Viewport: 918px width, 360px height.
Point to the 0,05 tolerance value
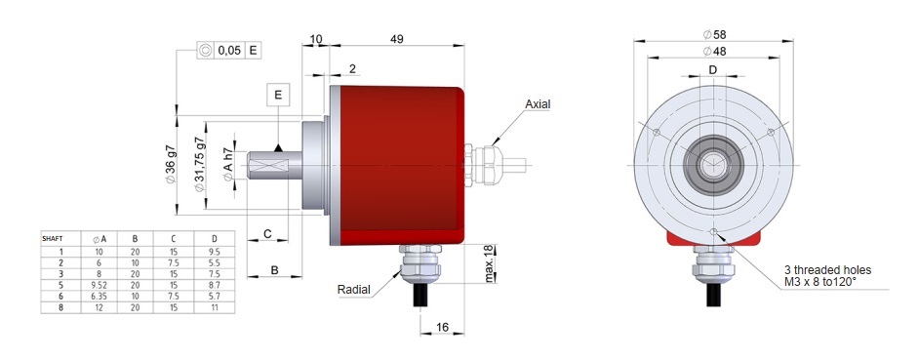pyautogui.click(x=230, y=50)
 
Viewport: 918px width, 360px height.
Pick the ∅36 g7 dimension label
pyautogui.click(x=171, y=167)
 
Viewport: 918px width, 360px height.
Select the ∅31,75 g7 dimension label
pyautogui.click(x=200, y=167)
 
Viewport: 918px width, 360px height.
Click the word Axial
pyautogui.click(x=539, y=103)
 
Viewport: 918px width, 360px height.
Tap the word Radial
pyautogui.click(x=354, y=290)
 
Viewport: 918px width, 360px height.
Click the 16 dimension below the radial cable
pyautogui.click(x=442, y=329)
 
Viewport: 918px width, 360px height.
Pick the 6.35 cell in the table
pyautogui.click(x=99, y=296)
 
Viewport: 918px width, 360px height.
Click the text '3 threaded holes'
pyautogui.click(x=827, y=269)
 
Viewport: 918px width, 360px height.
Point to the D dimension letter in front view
pyautogui.click(x=712, y=70)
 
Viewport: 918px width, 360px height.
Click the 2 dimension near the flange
pyautogui.click(x=352, y=69)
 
